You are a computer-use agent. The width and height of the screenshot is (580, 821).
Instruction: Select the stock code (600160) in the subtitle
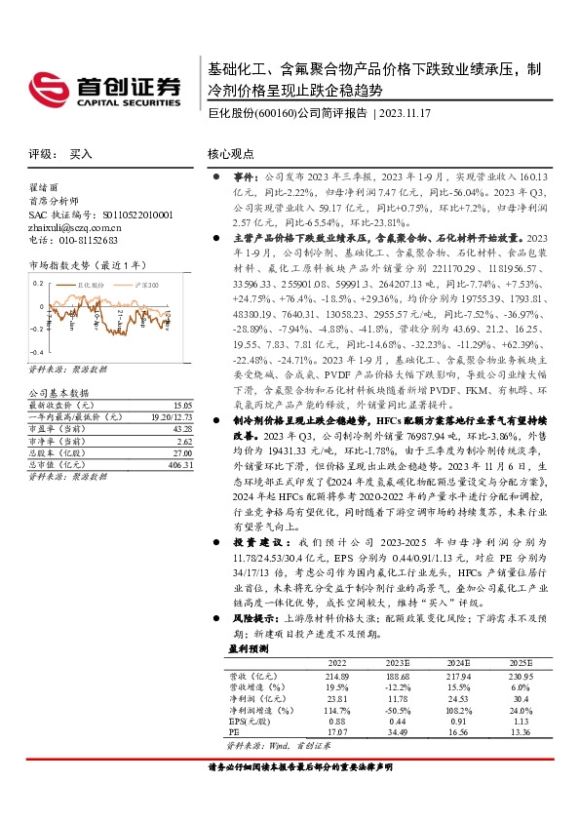[x=275, y=113]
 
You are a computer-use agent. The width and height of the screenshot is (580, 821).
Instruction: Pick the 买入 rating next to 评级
[x=81, y=154]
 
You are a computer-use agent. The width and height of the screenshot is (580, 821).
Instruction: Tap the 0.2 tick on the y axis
[x=38, y=283]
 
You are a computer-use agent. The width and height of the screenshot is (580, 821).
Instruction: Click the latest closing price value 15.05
[x=180, y=405]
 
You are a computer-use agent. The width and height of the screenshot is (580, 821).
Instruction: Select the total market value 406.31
[x=179, y=465]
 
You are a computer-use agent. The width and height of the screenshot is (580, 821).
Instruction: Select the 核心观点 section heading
[x=230, y=154]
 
